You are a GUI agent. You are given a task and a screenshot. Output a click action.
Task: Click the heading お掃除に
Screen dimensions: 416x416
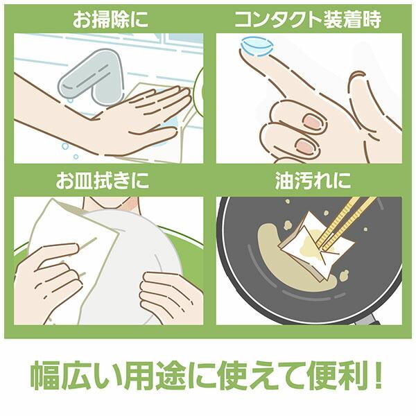[x=111, y=20]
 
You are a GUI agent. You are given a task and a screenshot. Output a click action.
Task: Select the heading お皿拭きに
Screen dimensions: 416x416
[x=111, y=183]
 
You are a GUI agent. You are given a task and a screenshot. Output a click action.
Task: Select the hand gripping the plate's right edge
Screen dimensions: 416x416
[x=170, y=295]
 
